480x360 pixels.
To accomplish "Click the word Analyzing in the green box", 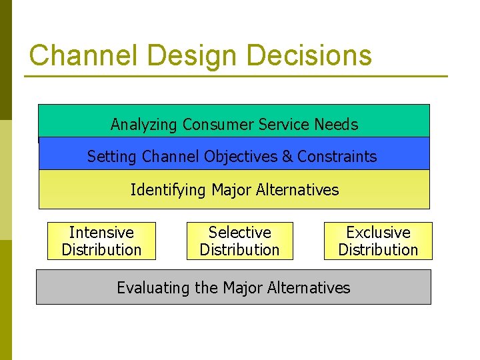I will tap(144, 125).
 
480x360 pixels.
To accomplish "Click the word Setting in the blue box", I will tap(109, 157).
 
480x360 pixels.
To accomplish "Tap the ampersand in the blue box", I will tap(287, 157).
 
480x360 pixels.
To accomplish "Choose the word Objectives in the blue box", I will tap(241, 157).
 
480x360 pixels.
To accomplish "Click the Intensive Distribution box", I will tap(101, 241).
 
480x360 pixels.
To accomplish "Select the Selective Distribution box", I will tap(239, 241).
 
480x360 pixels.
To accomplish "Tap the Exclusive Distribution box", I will tap(378, 241).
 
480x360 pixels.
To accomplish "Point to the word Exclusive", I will tap(378, 233).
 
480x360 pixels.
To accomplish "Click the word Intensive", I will tap(101, 233).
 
